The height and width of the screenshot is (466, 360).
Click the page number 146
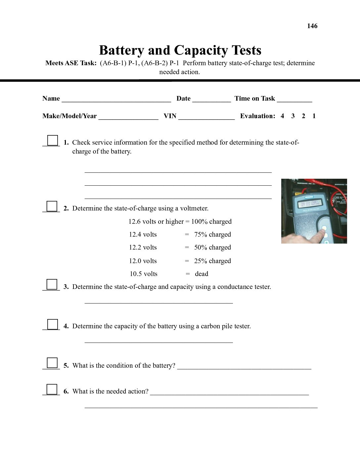312,26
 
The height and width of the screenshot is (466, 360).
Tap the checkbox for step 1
52,140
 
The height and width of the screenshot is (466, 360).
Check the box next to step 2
52,206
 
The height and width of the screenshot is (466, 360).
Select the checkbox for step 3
52,285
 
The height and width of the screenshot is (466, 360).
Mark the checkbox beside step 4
52,324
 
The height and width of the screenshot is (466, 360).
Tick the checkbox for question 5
52,363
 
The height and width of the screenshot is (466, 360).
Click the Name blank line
116,99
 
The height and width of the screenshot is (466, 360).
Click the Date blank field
211,99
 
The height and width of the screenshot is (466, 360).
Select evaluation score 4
282,116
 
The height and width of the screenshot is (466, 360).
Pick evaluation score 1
314,116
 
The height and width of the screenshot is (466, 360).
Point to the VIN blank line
206,117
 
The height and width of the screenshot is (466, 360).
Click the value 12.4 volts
143,235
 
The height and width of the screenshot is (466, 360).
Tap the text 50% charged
212,248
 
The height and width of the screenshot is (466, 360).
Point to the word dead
202,274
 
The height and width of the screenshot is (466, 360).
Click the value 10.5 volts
144,274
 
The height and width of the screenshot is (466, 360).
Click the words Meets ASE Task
71,63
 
